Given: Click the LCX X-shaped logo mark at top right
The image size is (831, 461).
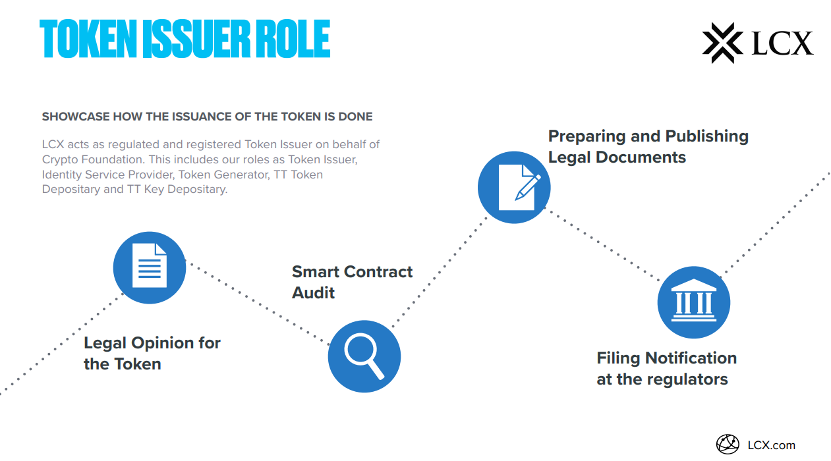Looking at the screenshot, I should coord(723,43).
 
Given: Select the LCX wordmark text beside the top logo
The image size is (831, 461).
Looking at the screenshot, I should coord(783,43).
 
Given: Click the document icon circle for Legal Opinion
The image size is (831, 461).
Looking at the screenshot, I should coord(150,267).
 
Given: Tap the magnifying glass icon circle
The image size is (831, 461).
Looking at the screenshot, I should coord(364,356).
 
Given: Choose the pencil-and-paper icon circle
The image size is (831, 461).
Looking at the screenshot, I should coord(514,187).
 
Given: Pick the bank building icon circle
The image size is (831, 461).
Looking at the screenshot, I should coord(694,303).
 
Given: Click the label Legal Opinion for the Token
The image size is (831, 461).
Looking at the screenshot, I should coord(152,354).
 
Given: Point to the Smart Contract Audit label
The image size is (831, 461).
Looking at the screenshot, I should coord(352,282).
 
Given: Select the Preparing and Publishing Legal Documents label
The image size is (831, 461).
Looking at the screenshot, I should coord(648,146).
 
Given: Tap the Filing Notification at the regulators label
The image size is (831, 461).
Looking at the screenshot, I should coord(666,369).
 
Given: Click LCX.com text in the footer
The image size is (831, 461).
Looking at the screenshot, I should coord(771,445).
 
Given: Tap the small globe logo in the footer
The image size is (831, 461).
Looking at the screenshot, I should coord(728,445).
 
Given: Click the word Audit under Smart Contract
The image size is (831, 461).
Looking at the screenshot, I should coord(314,292).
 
